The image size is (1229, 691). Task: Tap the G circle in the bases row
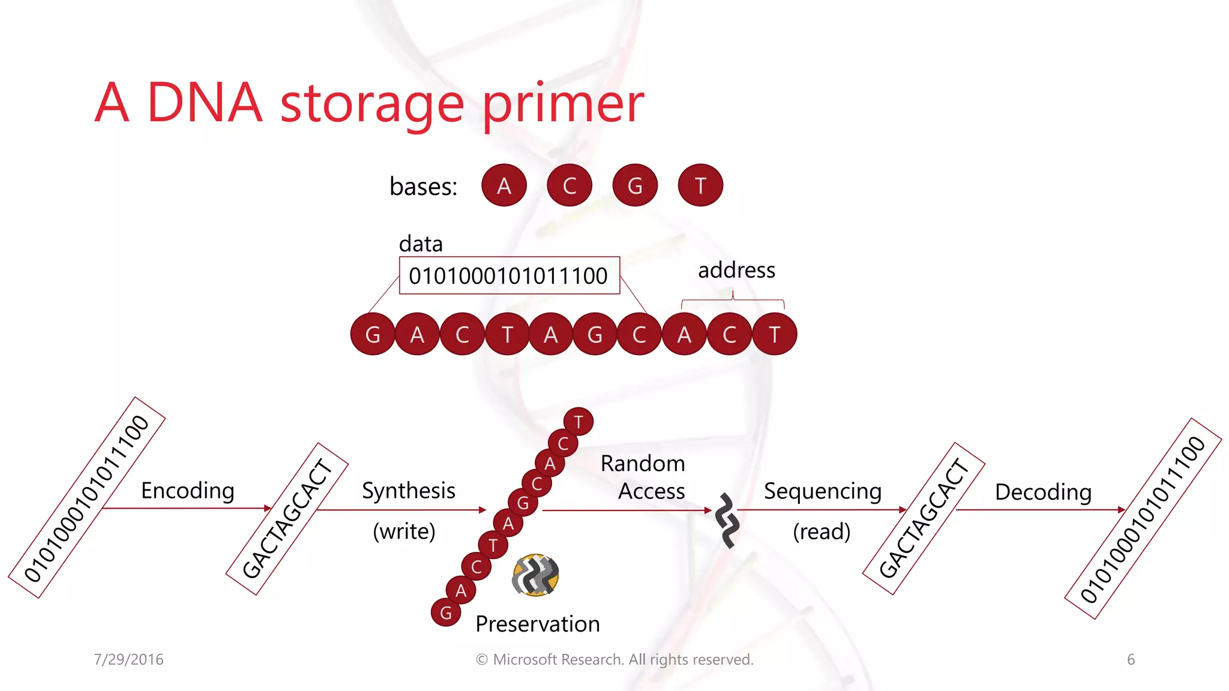[635, 185]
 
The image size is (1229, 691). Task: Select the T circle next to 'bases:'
[700, 185]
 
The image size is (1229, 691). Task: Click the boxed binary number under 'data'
[509, 276]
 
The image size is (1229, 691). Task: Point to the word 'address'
[736, 271]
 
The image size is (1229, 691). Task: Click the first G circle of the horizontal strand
[373, 334]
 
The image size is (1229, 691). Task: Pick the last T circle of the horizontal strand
[775, 334]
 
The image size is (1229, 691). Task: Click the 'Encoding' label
[187, 491]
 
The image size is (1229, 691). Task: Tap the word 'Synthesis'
[409, 491]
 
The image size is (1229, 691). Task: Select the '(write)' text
[404, 531]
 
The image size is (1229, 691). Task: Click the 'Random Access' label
[643, 477]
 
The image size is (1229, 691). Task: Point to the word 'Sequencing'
[823, 491]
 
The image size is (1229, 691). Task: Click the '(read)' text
[822, 531]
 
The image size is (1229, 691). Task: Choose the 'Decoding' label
[1043, 492]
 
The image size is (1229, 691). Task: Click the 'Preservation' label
[538, 624]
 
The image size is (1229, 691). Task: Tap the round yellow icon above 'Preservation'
[535, 575]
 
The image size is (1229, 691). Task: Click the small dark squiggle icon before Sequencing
[727, 520]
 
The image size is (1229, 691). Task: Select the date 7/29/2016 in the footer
[128, 660]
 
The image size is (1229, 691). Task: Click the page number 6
[1131, 660]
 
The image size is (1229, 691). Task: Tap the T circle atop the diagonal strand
[578, 422]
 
